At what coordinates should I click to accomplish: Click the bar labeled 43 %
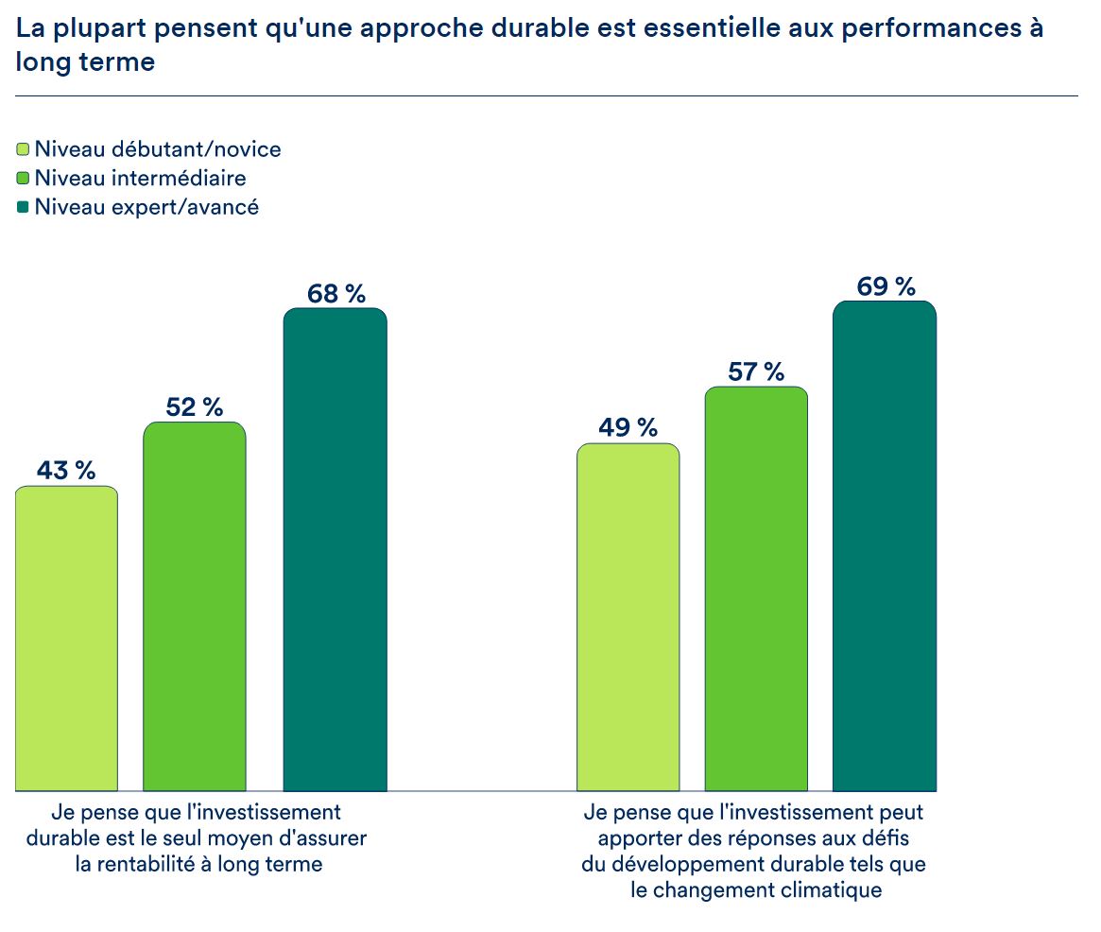[66, 638]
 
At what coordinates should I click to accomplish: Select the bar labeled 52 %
[195, 606]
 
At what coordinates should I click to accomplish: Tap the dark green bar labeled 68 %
[335, 549]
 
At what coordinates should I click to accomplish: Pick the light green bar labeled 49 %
[628, 616]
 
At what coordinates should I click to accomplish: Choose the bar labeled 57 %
[756, 588]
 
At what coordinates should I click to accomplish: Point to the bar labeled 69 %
[885, 545]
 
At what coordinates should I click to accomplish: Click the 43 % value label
[66, 470]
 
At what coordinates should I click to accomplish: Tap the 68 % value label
[335, 294]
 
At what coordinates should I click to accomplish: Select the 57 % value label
[756, 371]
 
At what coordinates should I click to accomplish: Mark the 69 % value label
[886, 286]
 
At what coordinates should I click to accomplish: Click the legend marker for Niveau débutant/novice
[24, 149]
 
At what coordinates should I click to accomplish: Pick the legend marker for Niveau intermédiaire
[24, 178]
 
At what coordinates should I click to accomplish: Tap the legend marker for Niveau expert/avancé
[24, 206]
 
